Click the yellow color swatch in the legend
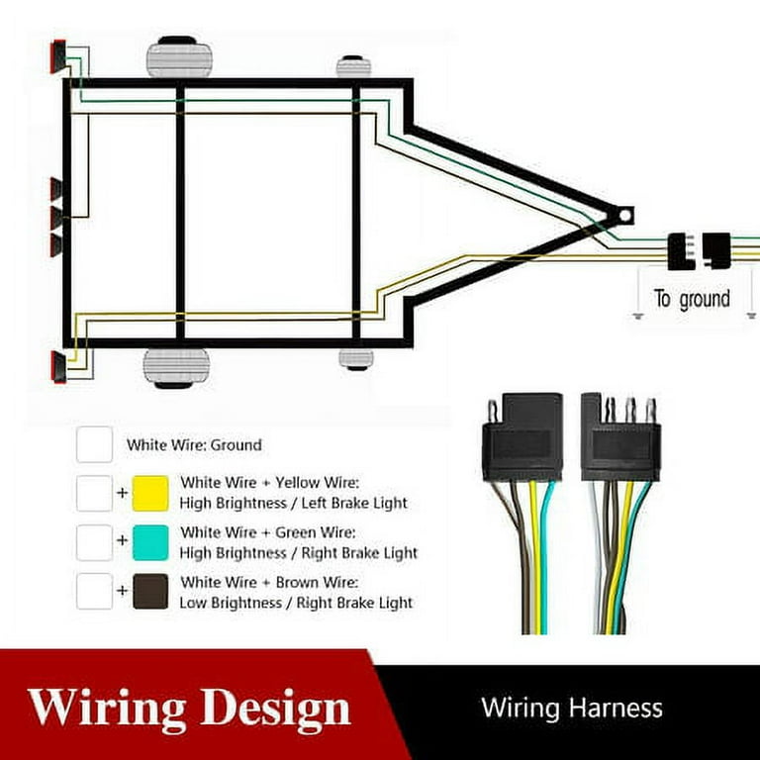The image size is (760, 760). (150, 494)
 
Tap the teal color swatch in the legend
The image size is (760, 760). (150, 542)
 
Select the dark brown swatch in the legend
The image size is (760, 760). (150, 592)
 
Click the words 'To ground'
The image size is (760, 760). (692, 299)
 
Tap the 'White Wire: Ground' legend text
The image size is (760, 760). (194, 445)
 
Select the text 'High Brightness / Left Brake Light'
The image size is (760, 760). (293, 504)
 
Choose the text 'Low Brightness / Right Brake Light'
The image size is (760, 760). (296, 603)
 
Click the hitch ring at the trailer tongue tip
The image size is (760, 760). (625, 215)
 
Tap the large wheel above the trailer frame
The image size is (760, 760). (179, 57)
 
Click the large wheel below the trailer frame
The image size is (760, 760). (176, 368)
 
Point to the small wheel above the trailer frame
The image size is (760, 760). (353, 66)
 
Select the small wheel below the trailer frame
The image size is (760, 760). (356, 359)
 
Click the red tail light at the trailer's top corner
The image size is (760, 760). (58, 56)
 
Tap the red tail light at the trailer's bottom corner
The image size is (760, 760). (58, 367)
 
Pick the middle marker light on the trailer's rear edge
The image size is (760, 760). (56, 218)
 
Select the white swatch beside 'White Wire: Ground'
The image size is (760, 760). (95, 444)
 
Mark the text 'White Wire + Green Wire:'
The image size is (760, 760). (268, 532)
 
